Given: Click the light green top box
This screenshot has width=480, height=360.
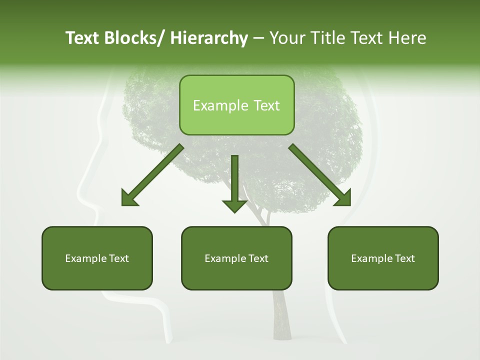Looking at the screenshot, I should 236,105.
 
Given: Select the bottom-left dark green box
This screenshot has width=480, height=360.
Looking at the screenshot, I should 97,258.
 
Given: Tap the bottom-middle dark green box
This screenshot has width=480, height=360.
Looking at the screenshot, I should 236,258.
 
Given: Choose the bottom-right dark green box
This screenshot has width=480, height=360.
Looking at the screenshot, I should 383,258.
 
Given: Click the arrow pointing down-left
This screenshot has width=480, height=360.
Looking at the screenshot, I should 152,175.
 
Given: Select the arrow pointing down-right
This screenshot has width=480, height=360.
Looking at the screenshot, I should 320,175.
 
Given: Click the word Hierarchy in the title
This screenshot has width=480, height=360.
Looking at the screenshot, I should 209,38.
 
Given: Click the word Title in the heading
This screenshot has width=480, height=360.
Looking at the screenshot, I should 332,38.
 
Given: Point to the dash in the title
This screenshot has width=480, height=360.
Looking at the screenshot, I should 258,38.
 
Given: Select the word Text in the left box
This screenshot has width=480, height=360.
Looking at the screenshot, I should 119,258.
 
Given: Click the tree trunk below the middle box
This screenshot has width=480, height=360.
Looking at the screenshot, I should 281,315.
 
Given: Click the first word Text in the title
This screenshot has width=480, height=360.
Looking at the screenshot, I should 82,38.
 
